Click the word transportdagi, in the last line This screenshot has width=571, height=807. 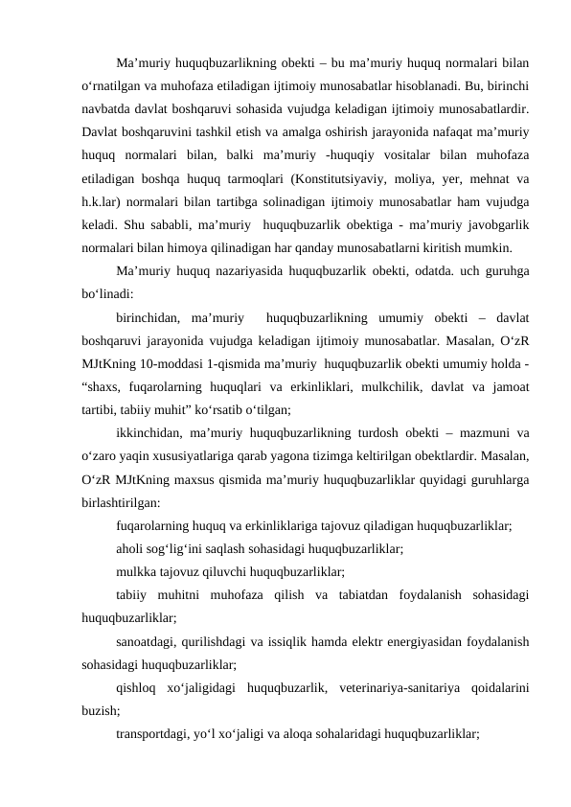pos(153,734)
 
